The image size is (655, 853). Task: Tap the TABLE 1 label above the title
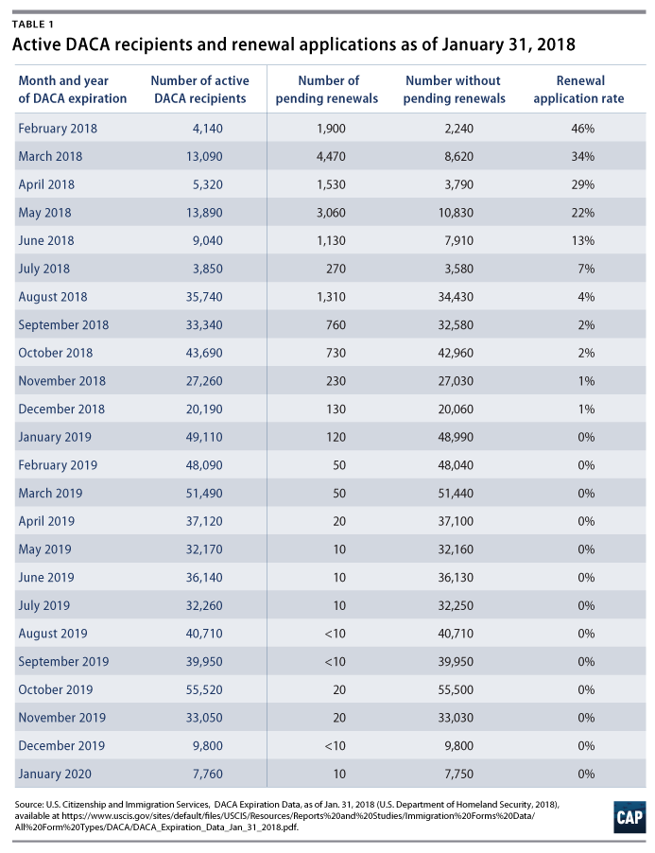(x=31, y=21)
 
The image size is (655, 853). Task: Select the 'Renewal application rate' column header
(x=580, y=89)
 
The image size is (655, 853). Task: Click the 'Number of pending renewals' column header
(x=337, y=89)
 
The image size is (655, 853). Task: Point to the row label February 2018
(x=58, y=129)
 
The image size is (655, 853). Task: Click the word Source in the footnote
(x=27, y=803)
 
